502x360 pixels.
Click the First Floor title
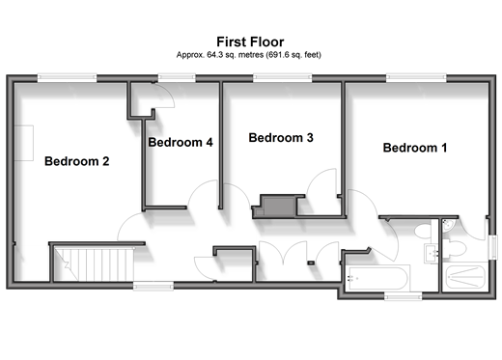click(x=250, y=42)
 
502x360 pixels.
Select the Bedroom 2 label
click(x=77, y=161)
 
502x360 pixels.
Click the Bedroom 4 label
click(x=181, y=142)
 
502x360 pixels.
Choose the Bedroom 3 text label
click(x=281, y=138)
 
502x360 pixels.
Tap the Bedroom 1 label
click(x=415, y=148)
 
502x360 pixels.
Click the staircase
click(x=94, y=263)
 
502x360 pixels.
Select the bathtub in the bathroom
click(x=377, y=278)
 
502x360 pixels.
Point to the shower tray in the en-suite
click(x=465, y=277)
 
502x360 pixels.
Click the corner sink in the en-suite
click(x=448, y=225)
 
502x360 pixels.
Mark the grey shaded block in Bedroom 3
click(x=279, y=207)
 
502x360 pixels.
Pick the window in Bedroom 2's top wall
click(x=67, y=78)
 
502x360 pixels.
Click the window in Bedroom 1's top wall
click(x=416, y=78)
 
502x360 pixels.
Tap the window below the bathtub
click(x=404, y=296)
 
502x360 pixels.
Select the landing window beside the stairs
click(x=153, y=286)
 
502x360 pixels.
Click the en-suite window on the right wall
click(x=493, y=247)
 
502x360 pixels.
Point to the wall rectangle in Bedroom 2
click(x=24, y=143)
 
